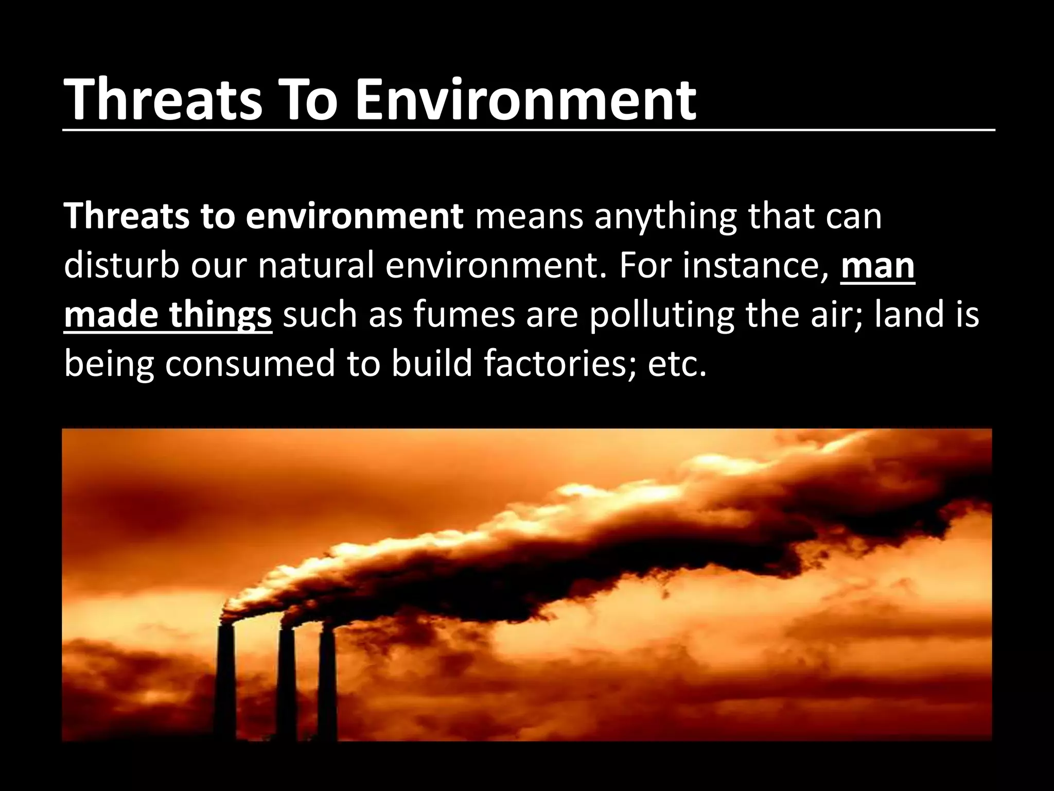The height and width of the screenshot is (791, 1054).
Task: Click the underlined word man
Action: (x=877, y=267)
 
